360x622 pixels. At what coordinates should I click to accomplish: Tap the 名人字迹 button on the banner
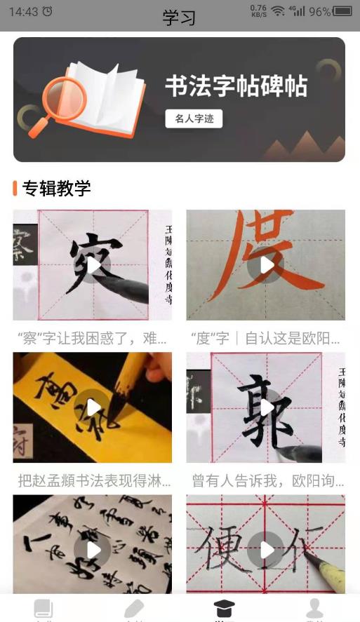(194, 119)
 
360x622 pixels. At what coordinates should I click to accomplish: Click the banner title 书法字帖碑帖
(236, 86)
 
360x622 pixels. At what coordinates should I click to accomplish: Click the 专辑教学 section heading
(56, 188)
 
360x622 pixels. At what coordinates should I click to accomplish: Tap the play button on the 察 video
(93, 265)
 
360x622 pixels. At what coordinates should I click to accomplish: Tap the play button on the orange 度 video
(265, 265)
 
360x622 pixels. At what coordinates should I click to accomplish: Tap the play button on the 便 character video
(265, 550)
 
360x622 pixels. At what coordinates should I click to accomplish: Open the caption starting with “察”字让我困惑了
(92, 339)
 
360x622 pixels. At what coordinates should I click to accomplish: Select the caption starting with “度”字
(265, 339)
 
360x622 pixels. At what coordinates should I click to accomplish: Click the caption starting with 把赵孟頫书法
(92, 480)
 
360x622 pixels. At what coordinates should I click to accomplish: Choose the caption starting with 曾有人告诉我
(265, 480)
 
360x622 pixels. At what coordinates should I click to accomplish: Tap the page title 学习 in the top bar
(180, 18)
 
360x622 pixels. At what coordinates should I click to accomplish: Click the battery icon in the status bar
(343, 11)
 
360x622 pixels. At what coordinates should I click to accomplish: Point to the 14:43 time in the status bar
(24, 11)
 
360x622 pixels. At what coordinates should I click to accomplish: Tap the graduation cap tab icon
(225, 608)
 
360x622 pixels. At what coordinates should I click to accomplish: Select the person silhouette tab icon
(315, 608)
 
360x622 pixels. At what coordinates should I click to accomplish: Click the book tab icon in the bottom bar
(44, 608)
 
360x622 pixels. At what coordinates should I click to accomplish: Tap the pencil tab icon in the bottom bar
(133, 608)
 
